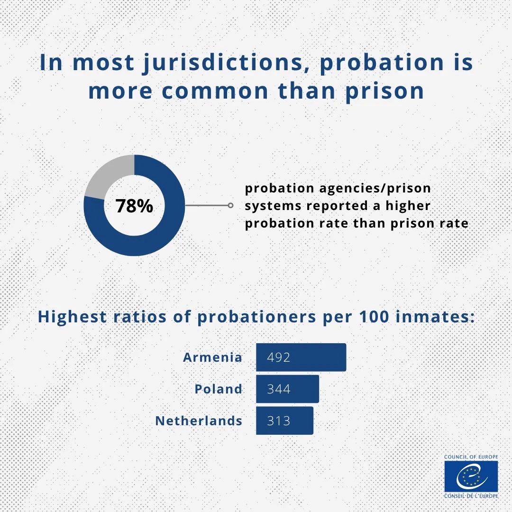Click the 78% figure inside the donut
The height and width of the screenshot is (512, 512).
[x=134, y=206]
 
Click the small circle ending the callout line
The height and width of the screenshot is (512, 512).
[x=230, y=205]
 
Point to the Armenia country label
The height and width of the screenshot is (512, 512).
[x=212, y=357]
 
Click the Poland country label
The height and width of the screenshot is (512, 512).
[x=219, y=389]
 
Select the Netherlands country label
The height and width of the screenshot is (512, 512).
[x=199, y=421]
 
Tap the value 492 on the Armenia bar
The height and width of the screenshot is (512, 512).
[x=279, y=357]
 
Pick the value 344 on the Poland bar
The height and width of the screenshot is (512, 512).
[x=279, y=389]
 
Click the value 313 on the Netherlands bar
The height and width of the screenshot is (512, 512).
[x=279, y=421]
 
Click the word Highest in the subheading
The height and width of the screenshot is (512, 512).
[x=72, y=317]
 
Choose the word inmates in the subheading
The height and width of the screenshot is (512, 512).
[x=435, y=316]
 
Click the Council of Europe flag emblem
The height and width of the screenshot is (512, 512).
[x=471, y=476]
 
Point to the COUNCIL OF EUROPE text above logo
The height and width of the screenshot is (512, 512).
[x=471, y=457]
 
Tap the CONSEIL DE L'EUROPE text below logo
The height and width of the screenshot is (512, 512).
[x=471, y=496]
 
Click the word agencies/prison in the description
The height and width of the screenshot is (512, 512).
[x=375, y=188]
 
